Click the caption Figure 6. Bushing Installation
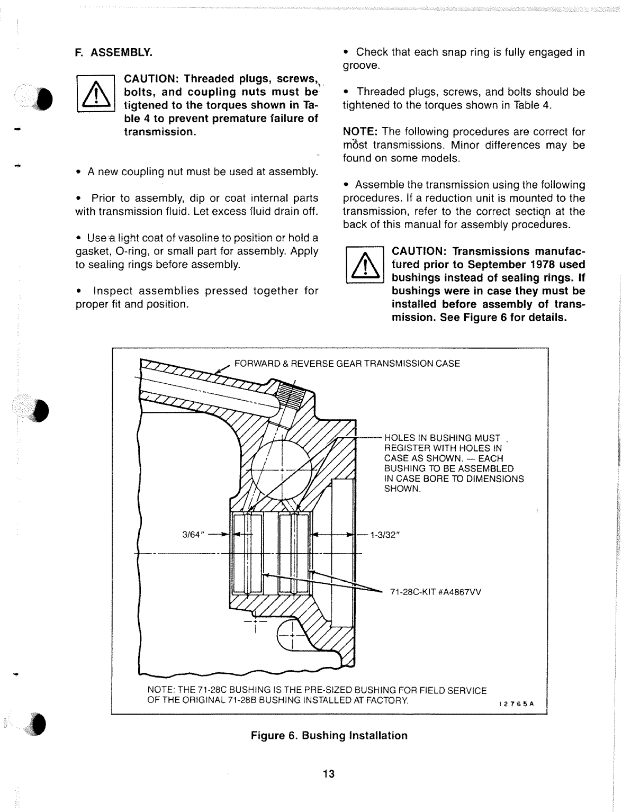[329, 735]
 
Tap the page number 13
[329, 774]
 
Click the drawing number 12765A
[517, 705]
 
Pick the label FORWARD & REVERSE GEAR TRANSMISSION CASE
[347, 364]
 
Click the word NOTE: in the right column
[359, 132]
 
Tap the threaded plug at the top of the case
[289, 395]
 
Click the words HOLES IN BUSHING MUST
[442, 438]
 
